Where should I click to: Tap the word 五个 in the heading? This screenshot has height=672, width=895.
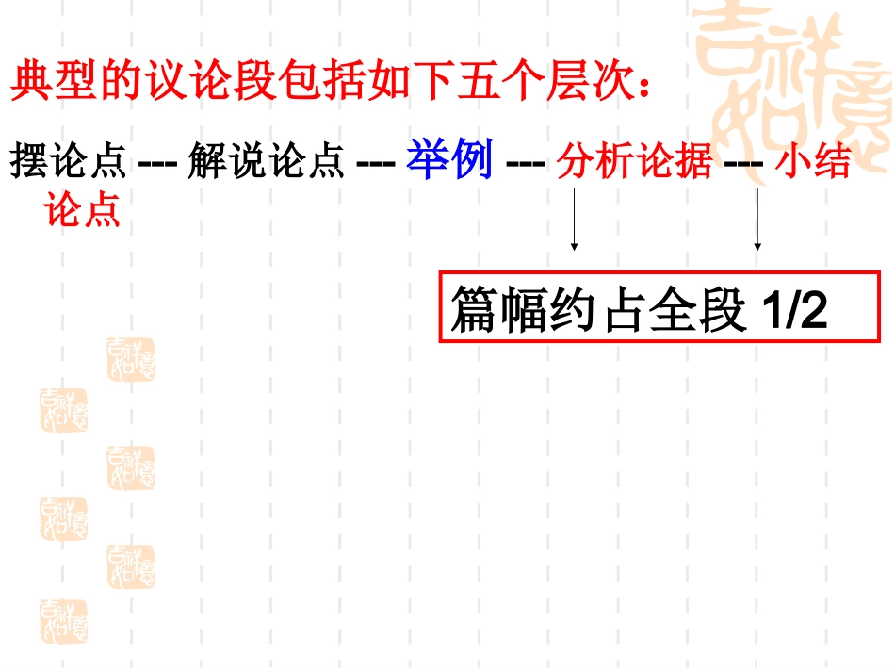pyautogui.click(x=502, y=83)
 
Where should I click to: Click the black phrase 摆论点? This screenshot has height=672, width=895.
pyautogui.click(x=68, y=163)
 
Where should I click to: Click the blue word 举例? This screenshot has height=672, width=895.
pyautogui.click(x=449, y=161)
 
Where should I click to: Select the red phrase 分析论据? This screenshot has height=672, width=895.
pyautogui.click(x=634, y=163)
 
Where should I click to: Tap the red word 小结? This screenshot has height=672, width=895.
pyautogui.click(x=813, y=163)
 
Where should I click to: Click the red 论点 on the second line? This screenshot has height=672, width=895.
pyautogui.click(x=83, y=209)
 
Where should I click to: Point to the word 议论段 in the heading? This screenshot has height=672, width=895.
pyautogui.click(x=215, y=83)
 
